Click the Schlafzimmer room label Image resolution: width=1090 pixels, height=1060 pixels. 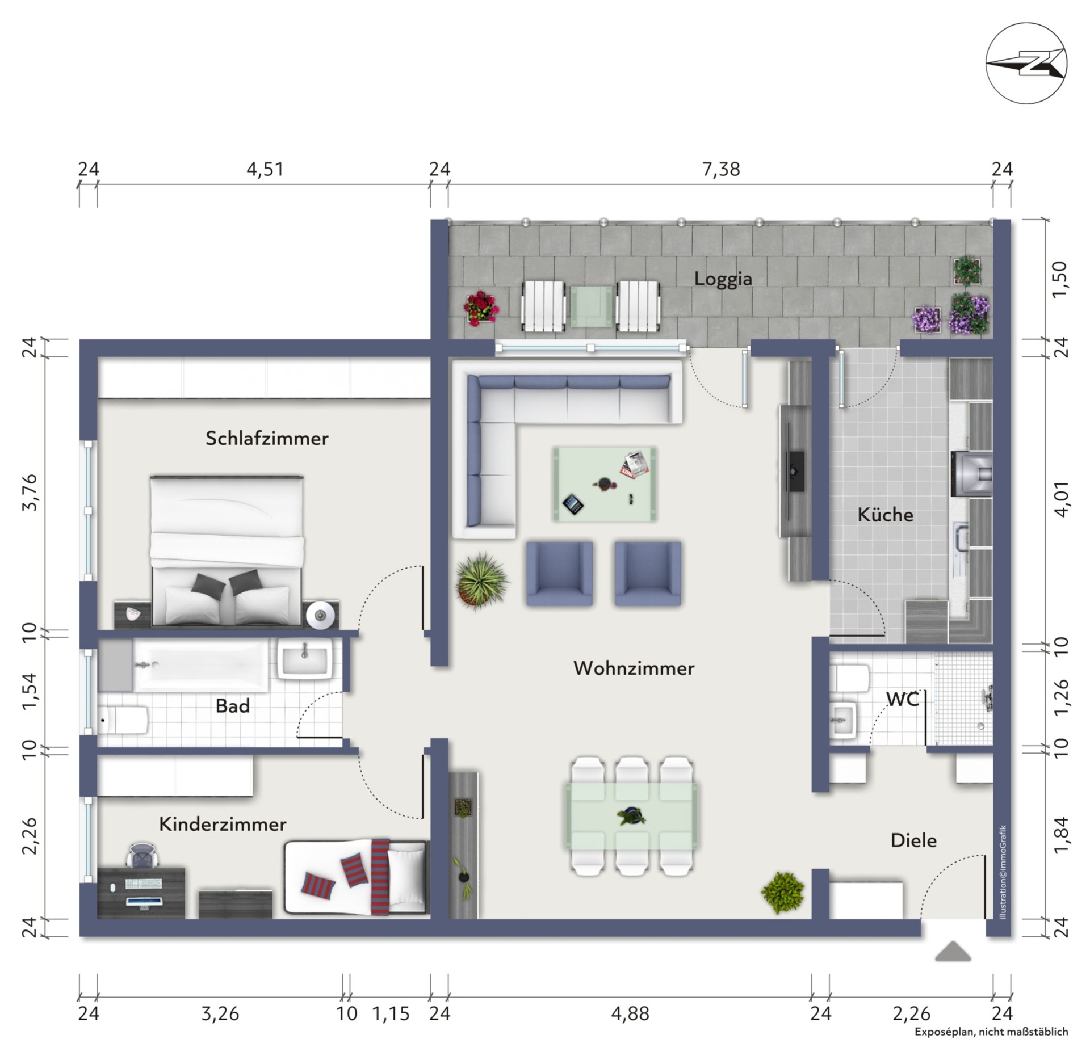pyautogui.click(x=267, y=438)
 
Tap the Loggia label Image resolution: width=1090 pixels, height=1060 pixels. pyautogui.click(x=723, y=279)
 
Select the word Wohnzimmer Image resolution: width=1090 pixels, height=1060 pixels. pyautogui.click(x=634, y=668)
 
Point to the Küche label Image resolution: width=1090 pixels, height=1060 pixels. pyautogui.click(x=885, y=515)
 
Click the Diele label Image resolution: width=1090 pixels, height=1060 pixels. pyautogui.click(x=913, y=840)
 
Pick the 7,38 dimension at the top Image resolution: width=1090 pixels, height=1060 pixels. pyautogui.click(x=721, y=169)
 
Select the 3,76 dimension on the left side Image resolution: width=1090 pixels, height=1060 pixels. pyautogui.click(x=29, y=492)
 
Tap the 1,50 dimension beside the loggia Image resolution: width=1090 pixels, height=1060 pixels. pyautogui.click(x=1060, y=279)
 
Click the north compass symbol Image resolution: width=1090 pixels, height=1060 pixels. pyautogui.click(x=1026, y=63)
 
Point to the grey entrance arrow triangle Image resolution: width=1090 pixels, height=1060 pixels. pyautogui.click(x=953, y=952)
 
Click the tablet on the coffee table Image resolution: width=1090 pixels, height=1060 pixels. pyautogui.click(x=573, y=503)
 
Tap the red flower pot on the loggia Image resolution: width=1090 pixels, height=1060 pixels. pyautogui.click(x=481, y=308)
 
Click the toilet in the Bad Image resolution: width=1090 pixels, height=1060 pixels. pyautogui.click(x=123, y=720)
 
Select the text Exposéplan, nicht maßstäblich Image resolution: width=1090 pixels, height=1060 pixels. pyautogui.click(x=991, y=1032)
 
